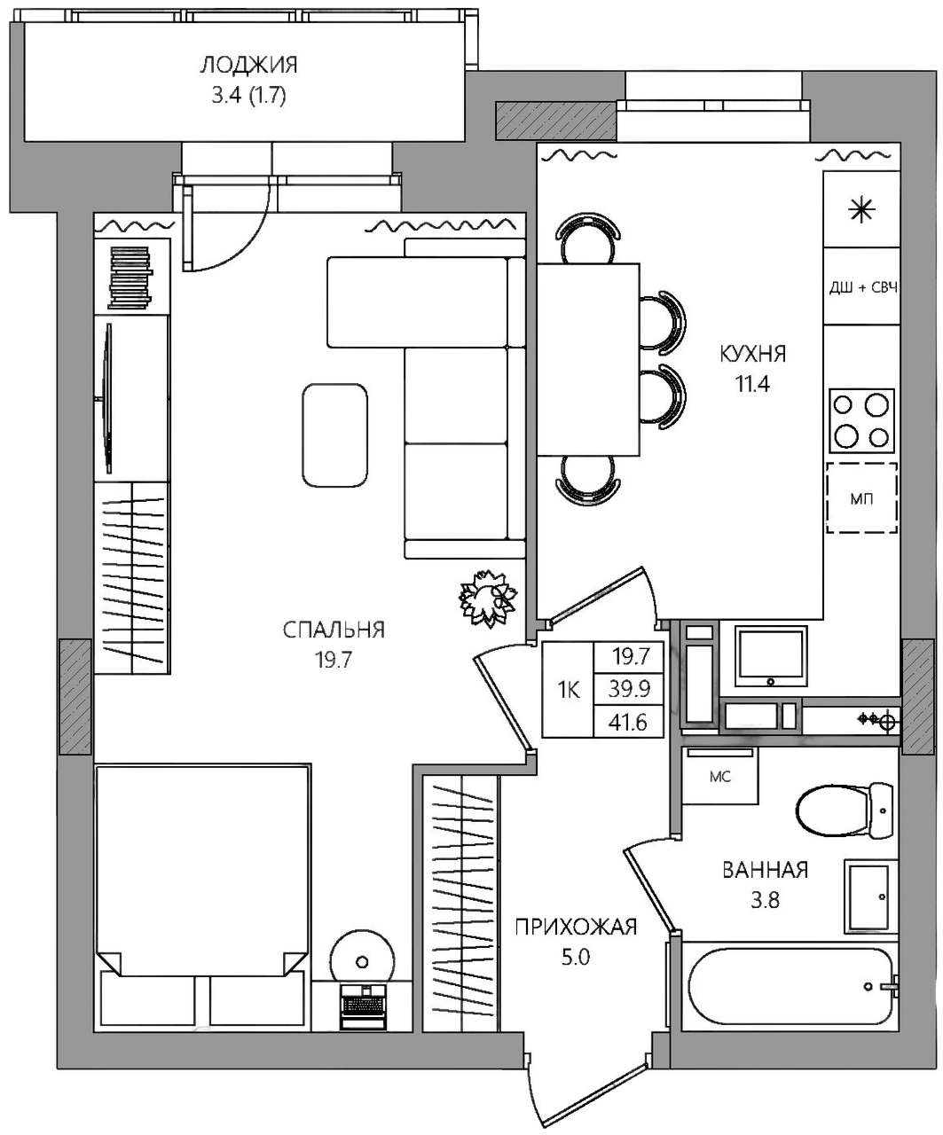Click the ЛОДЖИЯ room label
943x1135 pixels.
pos(248,66)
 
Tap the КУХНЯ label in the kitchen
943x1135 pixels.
pos(752,354)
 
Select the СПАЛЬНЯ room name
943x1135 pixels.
pos(334,630)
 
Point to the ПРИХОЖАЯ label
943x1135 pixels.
pos(576,927)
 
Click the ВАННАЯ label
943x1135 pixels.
pos(765,870)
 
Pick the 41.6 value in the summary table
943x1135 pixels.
pos(628,723)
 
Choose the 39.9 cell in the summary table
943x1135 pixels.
pos(629,689)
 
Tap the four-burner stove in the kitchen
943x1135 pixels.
pos(861,420)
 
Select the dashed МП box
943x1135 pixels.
pos(861,497)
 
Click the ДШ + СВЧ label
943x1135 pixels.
pos(862,287)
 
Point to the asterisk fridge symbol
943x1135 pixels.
pos(861,210)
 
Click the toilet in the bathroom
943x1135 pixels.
pos(844,810)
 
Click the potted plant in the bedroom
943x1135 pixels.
pos(488,598)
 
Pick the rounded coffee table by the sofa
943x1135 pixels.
pos(334,434)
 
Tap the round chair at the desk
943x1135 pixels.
pos(362,961)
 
